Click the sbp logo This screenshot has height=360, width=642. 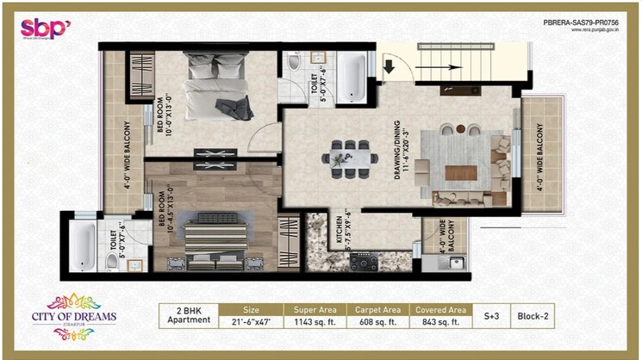click(x=46, y=28)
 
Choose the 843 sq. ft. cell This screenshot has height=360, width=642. click(x=441, y=322)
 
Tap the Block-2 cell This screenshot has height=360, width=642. click(x=533, y=316)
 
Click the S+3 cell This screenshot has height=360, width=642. click(x=491, y=316)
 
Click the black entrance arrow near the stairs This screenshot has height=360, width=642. click(x=389, y=65)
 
